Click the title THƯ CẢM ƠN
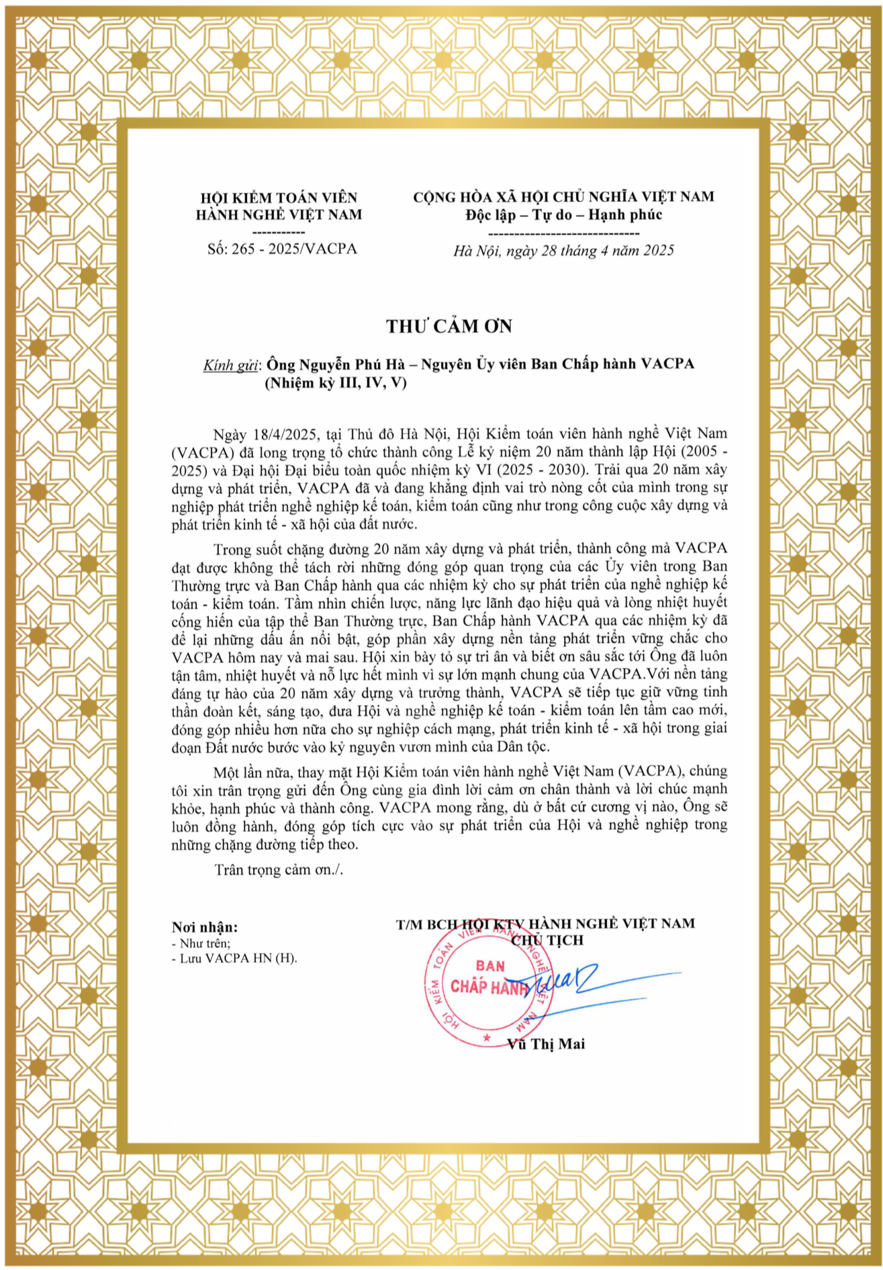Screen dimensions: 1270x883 449,327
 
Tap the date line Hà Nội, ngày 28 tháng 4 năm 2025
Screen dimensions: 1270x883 563,251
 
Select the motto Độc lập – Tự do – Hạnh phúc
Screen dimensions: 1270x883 563,215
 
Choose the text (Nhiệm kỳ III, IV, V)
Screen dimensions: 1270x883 336,383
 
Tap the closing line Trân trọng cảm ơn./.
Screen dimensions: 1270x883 279,870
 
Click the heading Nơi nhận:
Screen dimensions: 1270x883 205,927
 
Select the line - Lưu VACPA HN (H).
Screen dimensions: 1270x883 234,958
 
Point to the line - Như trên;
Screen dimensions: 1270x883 201,943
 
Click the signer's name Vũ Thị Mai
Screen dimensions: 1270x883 546,1044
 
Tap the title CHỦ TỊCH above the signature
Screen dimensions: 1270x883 547,940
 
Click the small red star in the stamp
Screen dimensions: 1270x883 486,1039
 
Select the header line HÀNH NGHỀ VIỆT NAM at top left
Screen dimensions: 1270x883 279,215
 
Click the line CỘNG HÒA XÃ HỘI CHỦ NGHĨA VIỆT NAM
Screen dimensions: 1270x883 563,197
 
